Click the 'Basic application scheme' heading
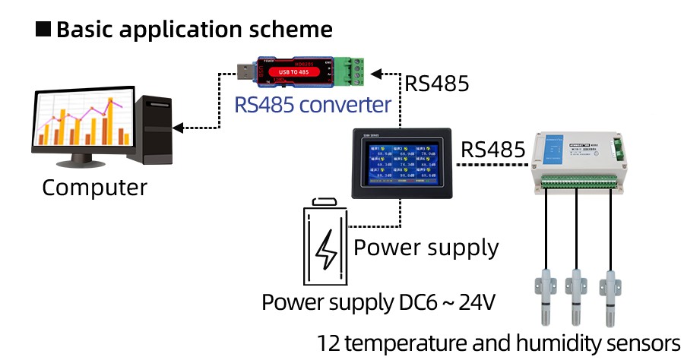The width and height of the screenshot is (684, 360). point(195,30)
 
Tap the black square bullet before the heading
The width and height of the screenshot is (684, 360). point(44,30)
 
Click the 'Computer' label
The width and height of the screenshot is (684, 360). point(94,187)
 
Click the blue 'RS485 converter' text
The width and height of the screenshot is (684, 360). point(313,104)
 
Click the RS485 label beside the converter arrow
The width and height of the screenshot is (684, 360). point(437,83)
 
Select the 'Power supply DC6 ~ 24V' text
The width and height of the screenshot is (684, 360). point(378,302)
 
